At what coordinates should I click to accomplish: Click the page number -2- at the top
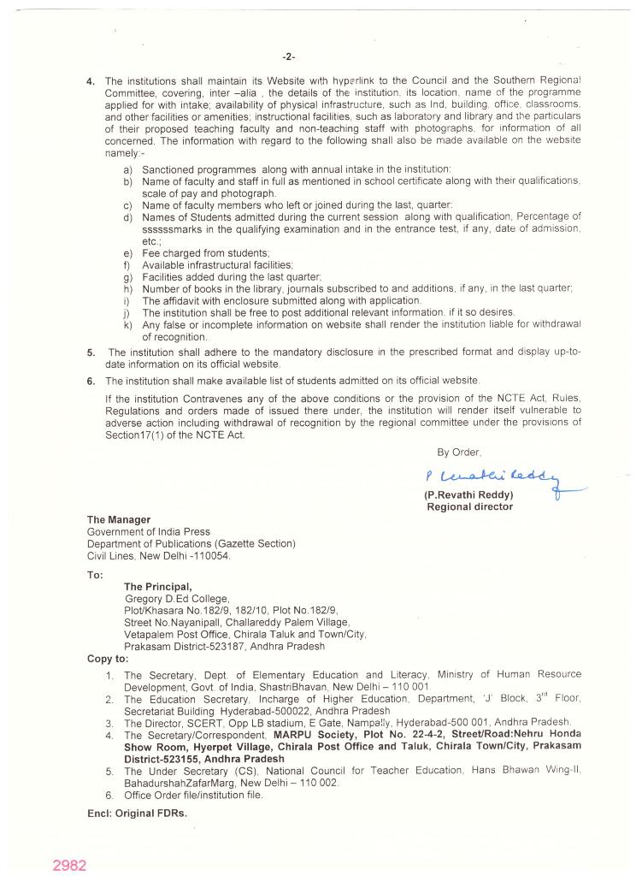click(288, 57)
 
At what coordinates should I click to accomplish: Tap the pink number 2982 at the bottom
click(69, 865)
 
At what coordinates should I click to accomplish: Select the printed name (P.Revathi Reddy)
click(468, 495)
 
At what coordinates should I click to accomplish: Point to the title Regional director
click(470, 506)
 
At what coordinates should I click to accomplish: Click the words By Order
click(459, 452)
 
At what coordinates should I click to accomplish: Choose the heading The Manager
click(119, 519)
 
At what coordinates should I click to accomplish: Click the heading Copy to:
click(109, 659)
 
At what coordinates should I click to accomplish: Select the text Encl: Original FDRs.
click(137, 813)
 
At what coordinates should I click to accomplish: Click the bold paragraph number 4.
click(91, 81)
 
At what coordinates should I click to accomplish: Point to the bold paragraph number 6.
click(91, 381)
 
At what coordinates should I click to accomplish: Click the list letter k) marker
click(127, 324)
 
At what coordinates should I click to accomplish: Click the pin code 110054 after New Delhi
click(211, 555)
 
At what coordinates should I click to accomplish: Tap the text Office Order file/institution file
click(194, 795)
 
